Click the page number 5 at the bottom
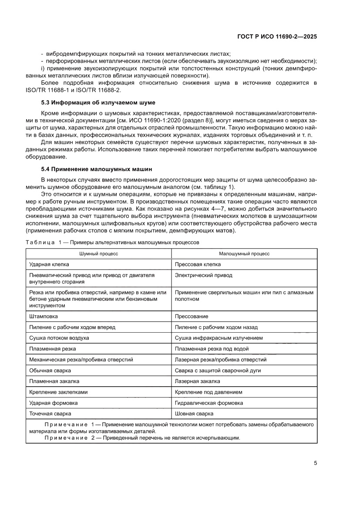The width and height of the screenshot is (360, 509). point(315,463)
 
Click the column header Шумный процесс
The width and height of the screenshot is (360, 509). point(98,253)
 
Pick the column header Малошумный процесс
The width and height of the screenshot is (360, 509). point(244,253)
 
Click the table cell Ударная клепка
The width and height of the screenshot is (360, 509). point(49,264)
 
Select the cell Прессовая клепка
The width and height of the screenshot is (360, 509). point(198,264)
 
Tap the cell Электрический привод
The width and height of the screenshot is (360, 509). point(203,275)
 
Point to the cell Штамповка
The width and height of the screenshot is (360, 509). point(43,316)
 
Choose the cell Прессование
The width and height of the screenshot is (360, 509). point(191,316)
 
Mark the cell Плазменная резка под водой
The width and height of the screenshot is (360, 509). point(212,349)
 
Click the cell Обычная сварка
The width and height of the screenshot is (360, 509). point(50,371)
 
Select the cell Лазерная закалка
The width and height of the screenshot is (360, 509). point(197,381)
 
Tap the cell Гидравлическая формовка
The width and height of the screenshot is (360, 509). point(209,403)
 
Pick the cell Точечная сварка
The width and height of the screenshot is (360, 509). point(50,414)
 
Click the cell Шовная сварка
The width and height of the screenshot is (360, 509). point(194,414)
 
